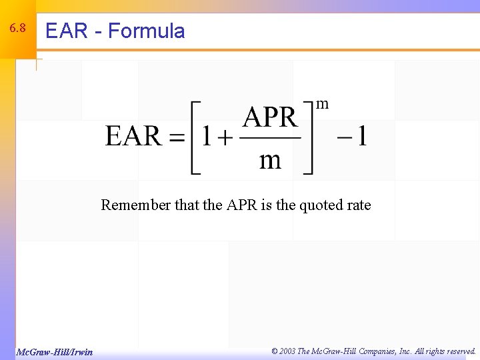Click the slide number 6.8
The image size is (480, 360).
pyautogui.click(x=17, y=29)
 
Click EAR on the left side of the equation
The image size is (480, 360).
pyautogui.click(x=133, y=137)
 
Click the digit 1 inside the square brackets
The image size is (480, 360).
pyautogui.click(x=207, y=137)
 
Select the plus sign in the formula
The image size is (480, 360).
pyautogui.click(x=225, y=138)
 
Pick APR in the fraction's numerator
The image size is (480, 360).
pyautogui.click(x=269, y=118)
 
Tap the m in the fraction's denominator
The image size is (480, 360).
pyautogui.click(x=269, y=161)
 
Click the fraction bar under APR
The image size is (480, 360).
pyautogui.click(x=269, y=139)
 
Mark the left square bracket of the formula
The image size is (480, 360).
pyautogui.click(x=195, y=137)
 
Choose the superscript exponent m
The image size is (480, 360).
pyautogui.click(x=322, y=104)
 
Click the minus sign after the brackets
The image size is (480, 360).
pyautogui.click(x=344, y=138)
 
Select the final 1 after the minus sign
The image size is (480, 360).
pyautogui.click(x=361, y=137)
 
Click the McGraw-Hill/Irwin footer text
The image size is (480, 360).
pyautogui.click(x=55, y=352)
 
